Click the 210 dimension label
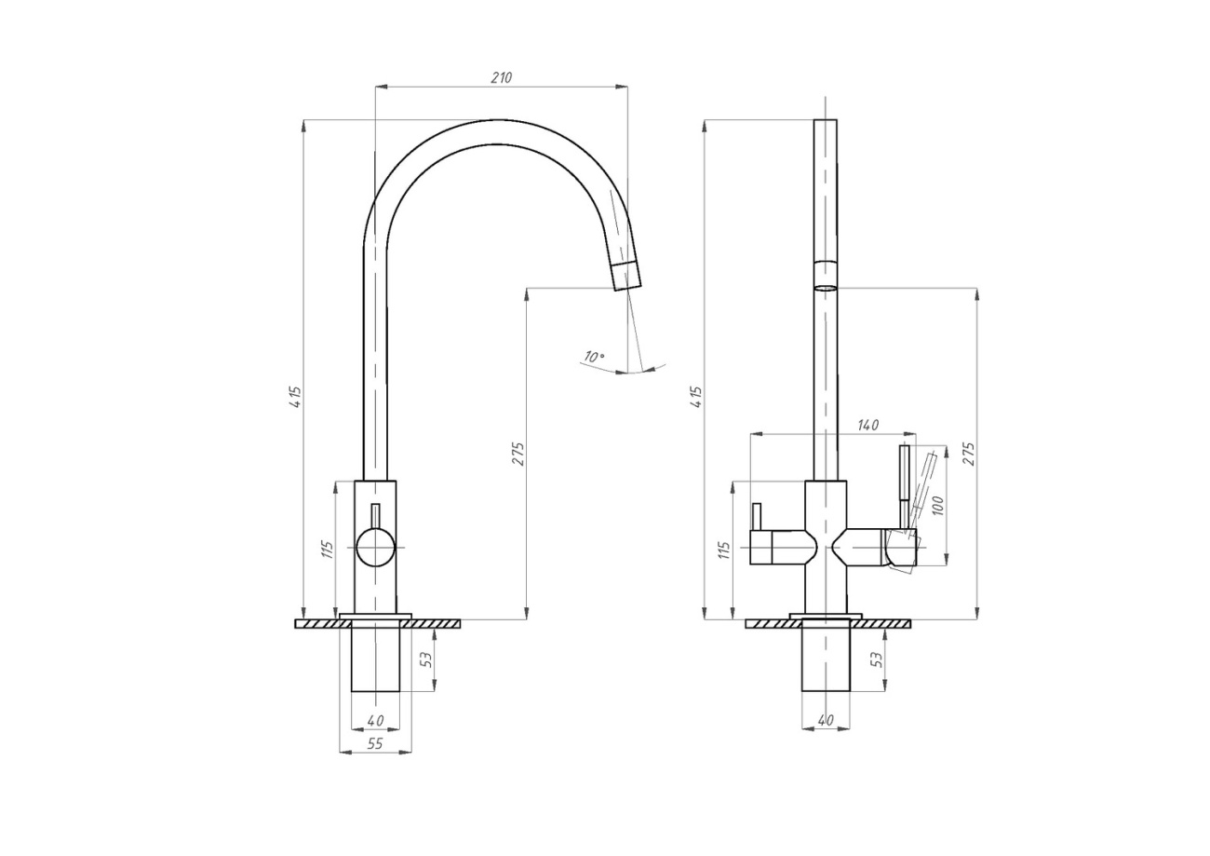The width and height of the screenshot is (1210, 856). (501, 78)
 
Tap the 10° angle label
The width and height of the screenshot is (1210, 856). (594, 357)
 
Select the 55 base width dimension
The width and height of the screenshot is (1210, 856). (375, 743)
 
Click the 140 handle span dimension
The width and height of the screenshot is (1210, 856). (867, 426)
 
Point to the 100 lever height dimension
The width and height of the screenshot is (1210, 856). (938, 505)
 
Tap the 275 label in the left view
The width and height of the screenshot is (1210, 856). (518, 454)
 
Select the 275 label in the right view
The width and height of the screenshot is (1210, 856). (969, 454)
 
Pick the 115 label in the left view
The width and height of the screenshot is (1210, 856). (328, 550)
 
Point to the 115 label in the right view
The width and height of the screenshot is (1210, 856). (724, 550)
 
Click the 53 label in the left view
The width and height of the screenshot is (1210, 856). (426, 659)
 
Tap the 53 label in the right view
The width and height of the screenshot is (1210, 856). (877, 659)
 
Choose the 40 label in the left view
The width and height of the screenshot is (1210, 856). (375, 720)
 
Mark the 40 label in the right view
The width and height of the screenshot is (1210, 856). (826, 720)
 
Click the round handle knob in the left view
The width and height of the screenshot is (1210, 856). (375, 548)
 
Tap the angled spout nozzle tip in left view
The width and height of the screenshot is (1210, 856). (626, 277)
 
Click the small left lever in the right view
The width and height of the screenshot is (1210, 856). (757, 517)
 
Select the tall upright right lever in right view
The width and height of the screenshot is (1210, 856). (905, 486)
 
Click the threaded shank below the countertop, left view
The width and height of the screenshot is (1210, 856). (375, 657)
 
